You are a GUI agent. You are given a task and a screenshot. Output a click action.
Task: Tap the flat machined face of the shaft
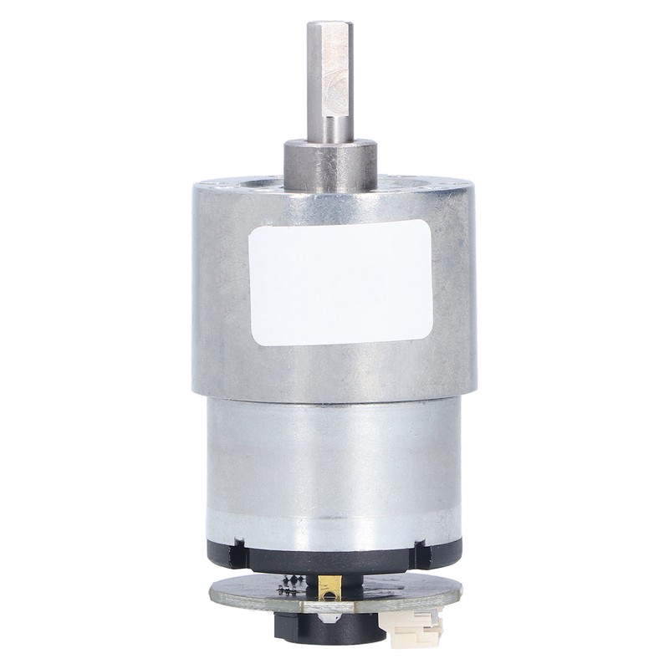click(x=335, y=71)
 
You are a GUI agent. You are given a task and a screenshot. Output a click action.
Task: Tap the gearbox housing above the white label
click(x=334, y=201)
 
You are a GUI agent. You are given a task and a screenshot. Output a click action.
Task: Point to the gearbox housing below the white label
click(x=334, y=368)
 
